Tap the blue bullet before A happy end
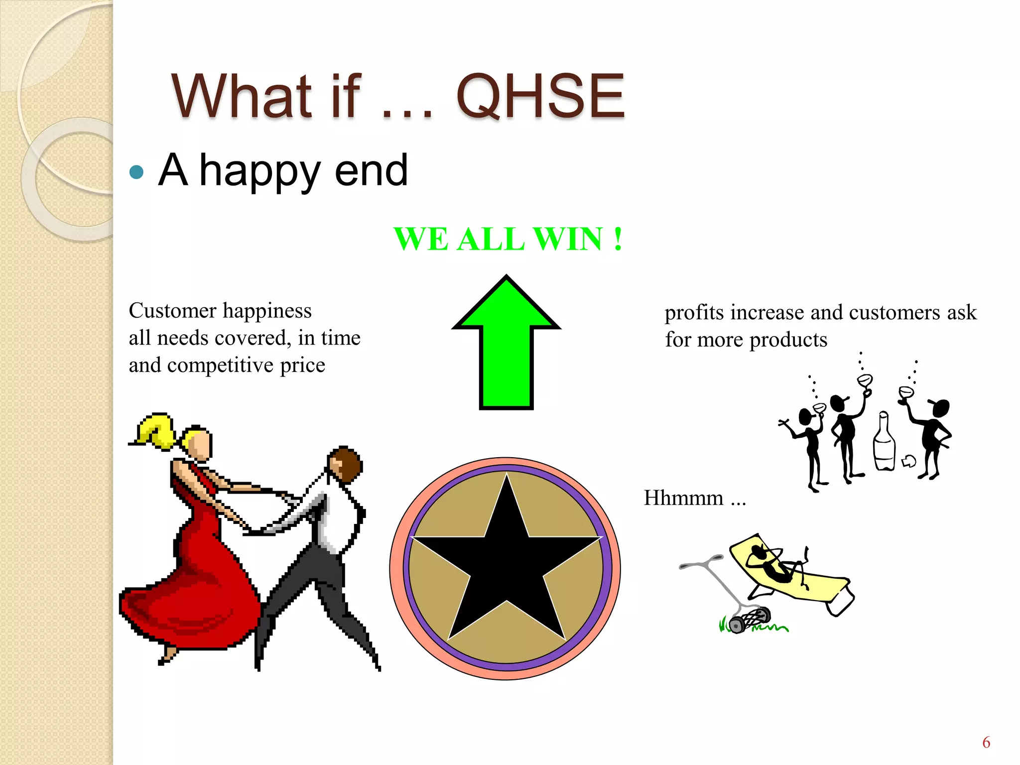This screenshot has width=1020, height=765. coord(136,172)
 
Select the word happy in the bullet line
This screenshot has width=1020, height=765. coord(259,172)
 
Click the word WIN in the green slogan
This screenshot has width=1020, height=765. coord(568,239)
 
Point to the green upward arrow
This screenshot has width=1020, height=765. coord(506,349)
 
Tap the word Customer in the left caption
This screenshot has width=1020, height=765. coord(172,311)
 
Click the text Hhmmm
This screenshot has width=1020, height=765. coord(683,498)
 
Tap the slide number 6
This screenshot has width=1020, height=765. coord(986,743)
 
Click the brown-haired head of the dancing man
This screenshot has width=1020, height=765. coord(346,463)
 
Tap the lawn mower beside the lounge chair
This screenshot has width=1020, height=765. coord(737,603)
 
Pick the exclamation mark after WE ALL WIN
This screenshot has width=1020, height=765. coord(618,239)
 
